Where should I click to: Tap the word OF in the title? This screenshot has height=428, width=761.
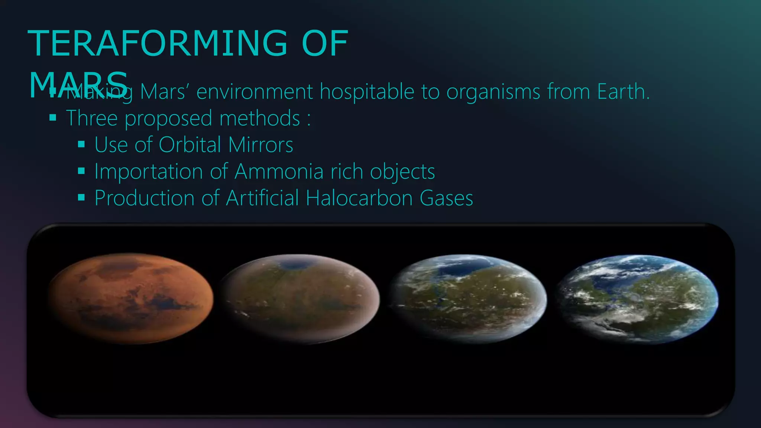tap(324, 44)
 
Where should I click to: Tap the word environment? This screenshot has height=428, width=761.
tap(254, 92)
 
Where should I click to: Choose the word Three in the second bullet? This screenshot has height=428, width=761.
tap(92, 118)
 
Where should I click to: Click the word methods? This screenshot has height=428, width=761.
tap(259, 118)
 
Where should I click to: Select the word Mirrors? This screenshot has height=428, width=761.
tap(260, 145)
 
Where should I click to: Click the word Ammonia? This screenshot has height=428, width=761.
tap(279, 172)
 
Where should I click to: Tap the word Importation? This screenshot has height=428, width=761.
tap(149, 172)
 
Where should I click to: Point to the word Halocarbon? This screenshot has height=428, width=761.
tap(359, 198)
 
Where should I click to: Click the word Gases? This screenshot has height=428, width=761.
tap(446, 198)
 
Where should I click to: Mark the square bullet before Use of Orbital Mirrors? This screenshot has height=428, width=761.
tap(81, 145)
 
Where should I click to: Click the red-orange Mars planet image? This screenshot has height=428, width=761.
tap(130, 298)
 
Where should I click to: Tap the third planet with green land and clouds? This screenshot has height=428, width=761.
tap(468, 298)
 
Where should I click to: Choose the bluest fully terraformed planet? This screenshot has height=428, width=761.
tap(637, 298)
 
